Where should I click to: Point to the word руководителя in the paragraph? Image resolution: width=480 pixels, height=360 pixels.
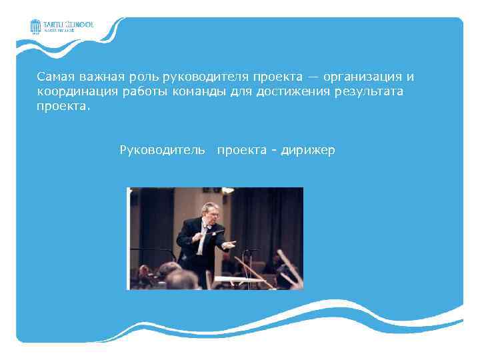coord(208,77)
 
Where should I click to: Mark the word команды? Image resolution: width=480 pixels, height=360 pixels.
coord(203,91)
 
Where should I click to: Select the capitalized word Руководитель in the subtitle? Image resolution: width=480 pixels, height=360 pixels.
coord(162,151)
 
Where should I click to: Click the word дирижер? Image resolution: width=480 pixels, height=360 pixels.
coord(308,151)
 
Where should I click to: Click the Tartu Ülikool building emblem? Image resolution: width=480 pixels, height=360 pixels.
coord(36,26)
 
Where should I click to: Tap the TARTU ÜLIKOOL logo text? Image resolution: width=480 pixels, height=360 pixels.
coord(69,24)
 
